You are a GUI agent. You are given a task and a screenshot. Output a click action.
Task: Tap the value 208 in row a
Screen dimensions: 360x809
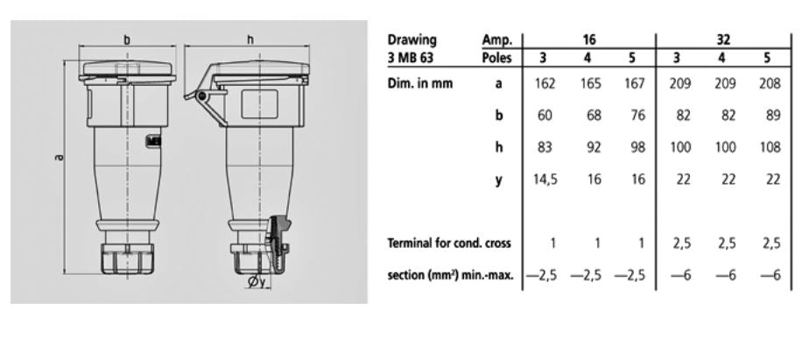[x=770, y=84]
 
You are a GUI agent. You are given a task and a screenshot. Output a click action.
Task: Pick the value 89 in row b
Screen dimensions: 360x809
[x=770, y=116]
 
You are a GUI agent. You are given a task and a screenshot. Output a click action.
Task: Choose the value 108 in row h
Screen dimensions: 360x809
[x=770, y=148]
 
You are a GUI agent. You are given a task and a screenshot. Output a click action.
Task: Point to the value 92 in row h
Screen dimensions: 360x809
[x=593, y=148]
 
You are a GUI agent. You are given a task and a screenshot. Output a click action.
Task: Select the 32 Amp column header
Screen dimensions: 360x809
[x=723, y=39]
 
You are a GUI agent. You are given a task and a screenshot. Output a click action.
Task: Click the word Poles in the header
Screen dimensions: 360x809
[x=497, y=58]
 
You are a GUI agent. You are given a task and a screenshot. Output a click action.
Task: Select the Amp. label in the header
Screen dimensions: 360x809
[x=497, y=39]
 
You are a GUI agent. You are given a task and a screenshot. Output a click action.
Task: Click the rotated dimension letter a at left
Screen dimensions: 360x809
[x=58, y=158]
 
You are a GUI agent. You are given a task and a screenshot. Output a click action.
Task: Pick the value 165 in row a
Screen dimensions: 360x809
[x=593, y=84]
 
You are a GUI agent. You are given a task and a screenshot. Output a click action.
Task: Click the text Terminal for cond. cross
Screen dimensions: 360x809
[x=449, y=244]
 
